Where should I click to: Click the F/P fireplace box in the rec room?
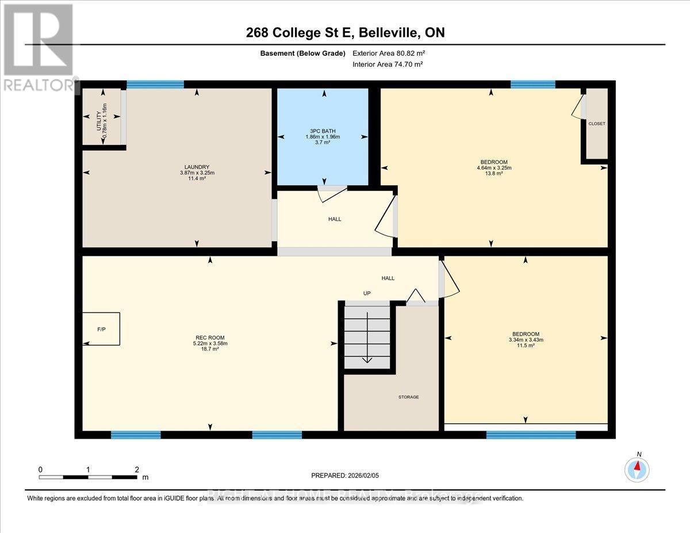click(101, 328)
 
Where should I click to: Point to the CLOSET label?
click(596, 124)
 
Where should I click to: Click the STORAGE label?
click(408, 397)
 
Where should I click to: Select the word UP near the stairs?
click(367, 293)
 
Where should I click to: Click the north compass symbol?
click(637, 469)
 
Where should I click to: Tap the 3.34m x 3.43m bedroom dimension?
click(526, 340)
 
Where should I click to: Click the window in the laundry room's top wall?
click(155, 85)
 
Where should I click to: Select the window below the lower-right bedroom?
click(531, 435)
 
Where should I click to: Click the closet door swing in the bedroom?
click(578, 106)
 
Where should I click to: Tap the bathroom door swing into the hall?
click(332, 193)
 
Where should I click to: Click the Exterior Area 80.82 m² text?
click(389, 53)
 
